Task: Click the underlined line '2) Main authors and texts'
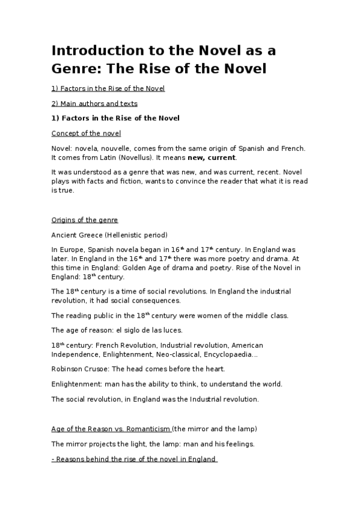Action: click(x=94, y=103)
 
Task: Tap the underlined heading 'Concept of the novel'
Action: click(x=86, y=133)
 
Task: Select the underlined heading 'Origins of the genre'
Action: click(x=85, y=220)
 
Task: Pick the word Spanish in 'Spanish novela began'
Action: click(x=103, y=250)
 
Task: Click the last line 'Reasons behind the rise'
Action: click(x=135, y=459)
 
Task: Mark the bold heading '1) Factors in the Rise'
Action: click(x=115, y=118)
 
